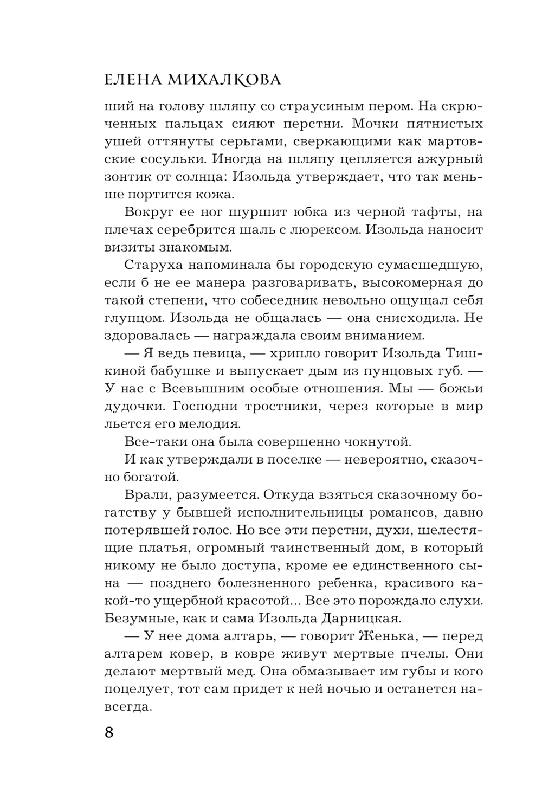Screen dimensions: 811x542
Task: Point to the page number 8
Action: (109, 733)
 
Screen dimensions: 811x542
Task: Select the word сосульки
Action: (169, 159)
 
